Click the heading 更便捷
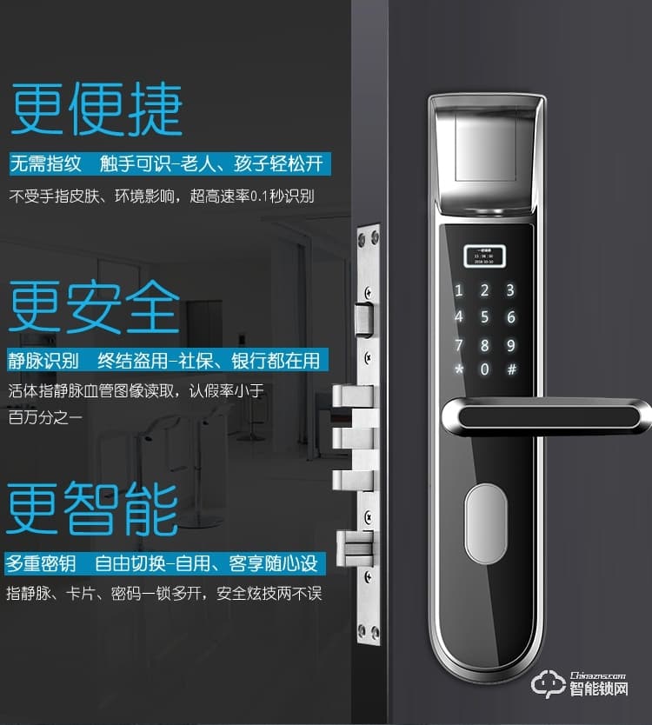point(96,110)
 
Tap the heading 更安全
point(95,306)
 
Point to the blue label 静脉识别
point(44,361)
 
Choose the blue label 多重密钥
point(42,563)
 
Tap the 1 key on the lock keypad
point(460,291)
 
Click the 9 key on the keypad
point(511,344)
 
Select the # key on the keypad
point(511,369)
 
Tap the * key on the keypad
point(460,369)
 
